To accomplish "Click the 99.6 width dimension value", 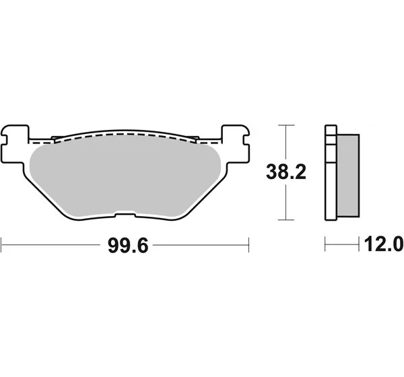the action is pos(128,246).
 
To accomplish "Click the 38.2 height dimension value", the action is pos(286,172).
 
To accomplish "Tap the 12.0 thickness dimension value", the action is pos(384,244).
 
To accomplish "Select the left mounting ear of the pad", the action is pos(15,144).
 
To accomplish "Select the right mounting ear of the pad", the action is pos(236,144).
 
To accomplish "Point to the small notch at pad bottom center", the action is pos(125,214).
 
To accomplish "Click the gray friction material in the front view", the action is pos(125,178).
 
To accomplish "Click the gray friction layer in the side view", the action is pos(348,175).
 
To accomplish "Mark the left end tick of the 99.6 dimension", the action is pos(1,245).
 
